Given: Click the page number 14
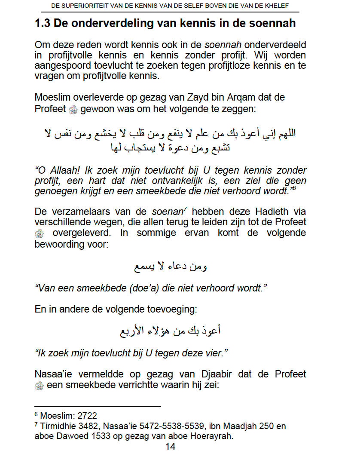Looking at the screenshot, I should pyautogui.click(x=170, y=447).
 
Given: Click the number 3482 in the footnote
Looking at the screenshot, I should pyautogui.click(x=89, y=426).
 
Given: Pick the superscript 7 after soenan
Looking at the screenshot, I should pyautogui.click(x=185, y=208).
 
